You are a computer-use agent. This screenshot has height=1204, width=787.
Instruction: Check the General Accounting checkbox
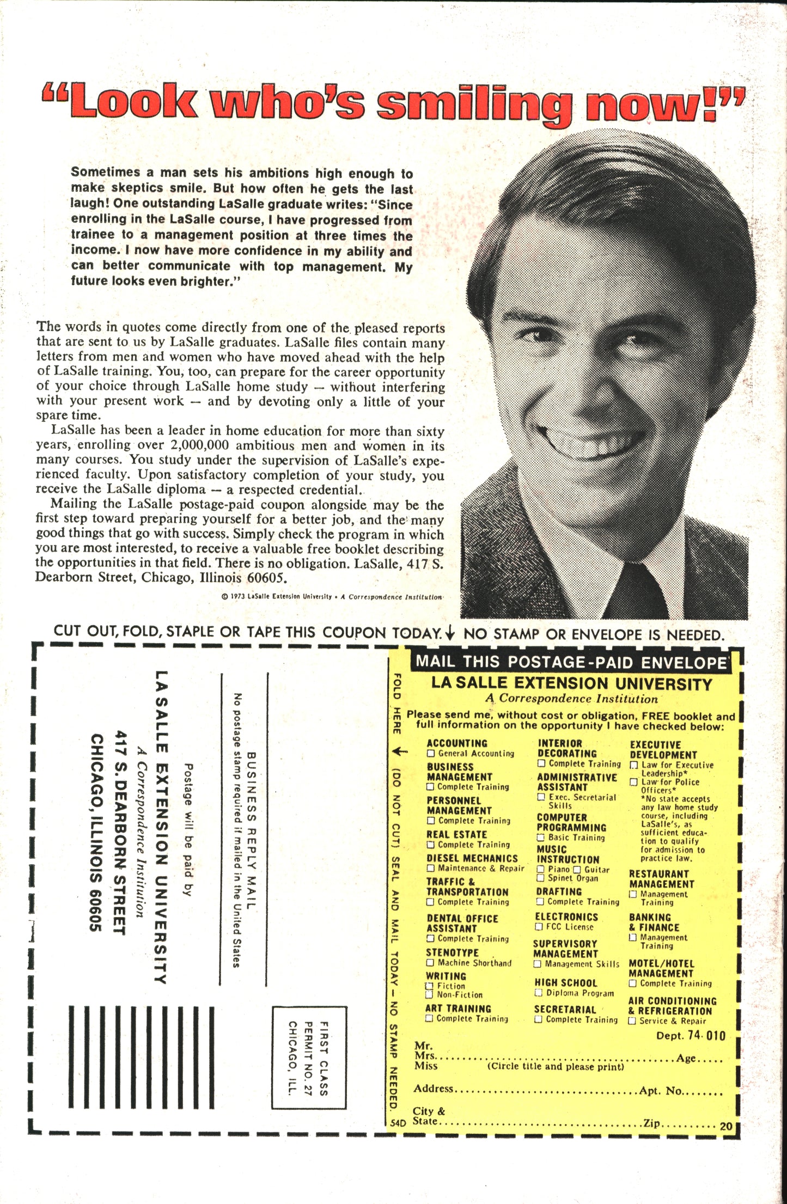click(x=431, y=754)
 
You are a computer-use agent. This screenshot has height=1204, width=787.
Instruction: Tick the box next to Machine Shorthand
click(x=430, y=963)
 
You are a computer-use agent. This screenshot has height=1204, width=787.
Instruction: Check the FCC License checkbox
click(x=539, y=927)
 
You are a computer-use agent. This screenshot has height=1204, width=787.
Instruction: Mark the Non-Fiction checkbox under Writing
click(x=430, y=994)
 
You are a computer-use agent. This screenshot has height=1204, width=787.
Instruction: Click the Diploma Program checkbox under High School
click(x=539, y=993)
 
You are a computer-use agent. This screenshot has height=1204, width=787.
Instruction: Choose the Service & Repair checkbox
click(x=632, y=1020)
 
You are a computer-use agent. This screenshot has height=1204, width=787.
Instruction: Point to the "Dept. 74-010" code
click(x=691, y=1035)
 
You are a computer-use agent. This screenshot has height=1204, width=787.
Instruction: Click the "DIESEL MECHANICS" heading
click(x=472, y=858)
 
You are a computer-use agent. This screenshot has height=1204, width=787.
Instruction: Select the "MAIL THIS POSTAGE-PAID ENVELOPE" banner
click(x=571, y=662)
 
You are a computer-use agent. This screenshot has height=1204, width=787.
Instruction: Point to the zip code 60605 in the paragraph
click(x=267, y=578)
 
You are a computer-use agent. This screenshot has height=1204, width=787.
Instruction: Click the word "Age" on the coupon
click(x=686, y=1058)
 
